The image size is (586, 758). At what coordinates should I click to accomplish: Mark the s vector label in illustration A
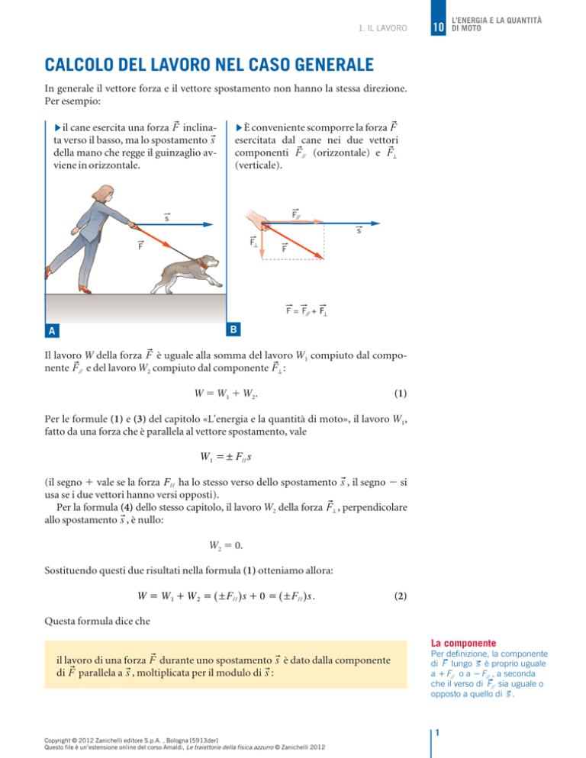click(x=166, y=217)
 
